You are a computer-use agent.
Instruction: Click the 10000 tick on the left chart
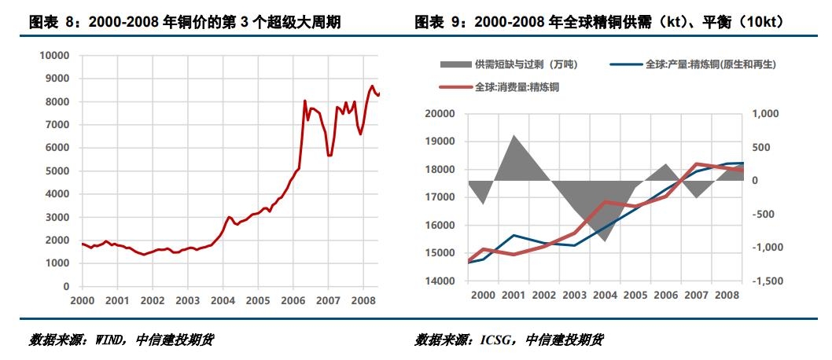pos(53,56)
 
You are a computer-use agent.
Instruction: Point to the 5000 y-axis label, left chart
pos(57,171)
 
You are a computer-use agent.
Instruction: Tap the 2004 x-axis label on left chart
pos(223,300)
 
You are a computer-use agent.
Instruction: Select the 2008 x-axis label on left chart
pos(363,300)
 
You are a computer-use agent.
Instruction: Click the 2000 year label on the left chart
pos(82,300)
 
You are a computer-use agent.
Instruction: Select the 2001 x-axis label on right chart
pos(513,294)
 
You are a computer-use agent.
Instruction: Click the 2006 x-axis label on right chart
pos(665,294)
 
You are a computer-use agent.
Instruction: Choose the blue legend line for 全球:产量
pos(626,64)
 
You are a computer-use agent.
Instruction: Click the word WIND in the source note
pos(108,340)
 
